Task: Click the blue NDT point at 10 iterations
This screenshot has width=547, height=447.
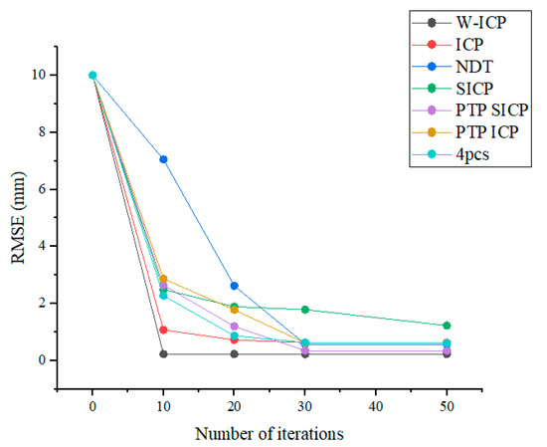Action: (163, 159)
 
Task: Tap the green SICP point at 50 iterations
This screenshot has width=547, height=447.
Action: (448, 326)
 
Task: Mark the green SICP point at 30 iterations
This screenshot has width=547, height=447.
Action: (305, 310)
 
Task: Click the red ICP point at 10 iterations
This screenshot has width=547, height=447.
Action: (163, 330)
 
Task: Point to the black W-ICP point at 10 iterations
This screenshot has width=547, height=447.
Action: (163, 353)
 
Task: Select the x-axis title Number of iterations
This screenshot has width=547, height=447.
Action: (270, 433)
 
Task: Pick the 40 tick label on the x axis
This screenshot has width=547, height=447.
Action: (376, 408)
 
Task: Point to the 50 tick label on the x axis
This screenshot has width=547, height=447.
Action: (448, 408)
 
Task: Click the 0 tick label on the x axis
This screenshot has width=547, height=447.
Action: (92, 408)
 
